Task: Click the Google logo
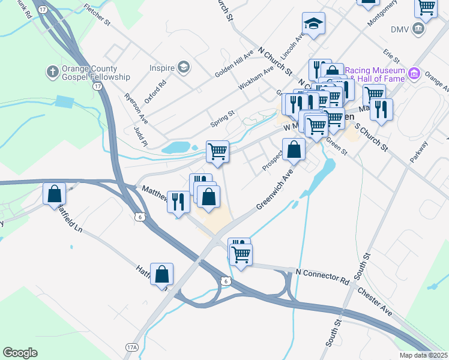tap(20, 353)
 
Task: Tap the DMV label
tap(399, 29)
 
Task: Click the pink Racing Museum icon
tap(414, 74)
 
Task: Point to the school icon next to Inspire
tap(184, 67)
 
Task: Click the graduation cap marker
tap(313, 24)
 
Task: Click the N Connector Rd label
tap(322, 277)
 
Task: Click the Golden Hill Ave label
tap(235, 64)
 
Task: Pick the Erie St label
tap(393, 57)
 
